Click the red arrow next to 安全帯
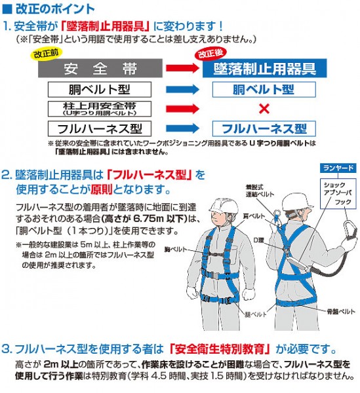(181, 68)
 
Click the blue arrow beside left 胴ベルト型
(181, 88)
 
